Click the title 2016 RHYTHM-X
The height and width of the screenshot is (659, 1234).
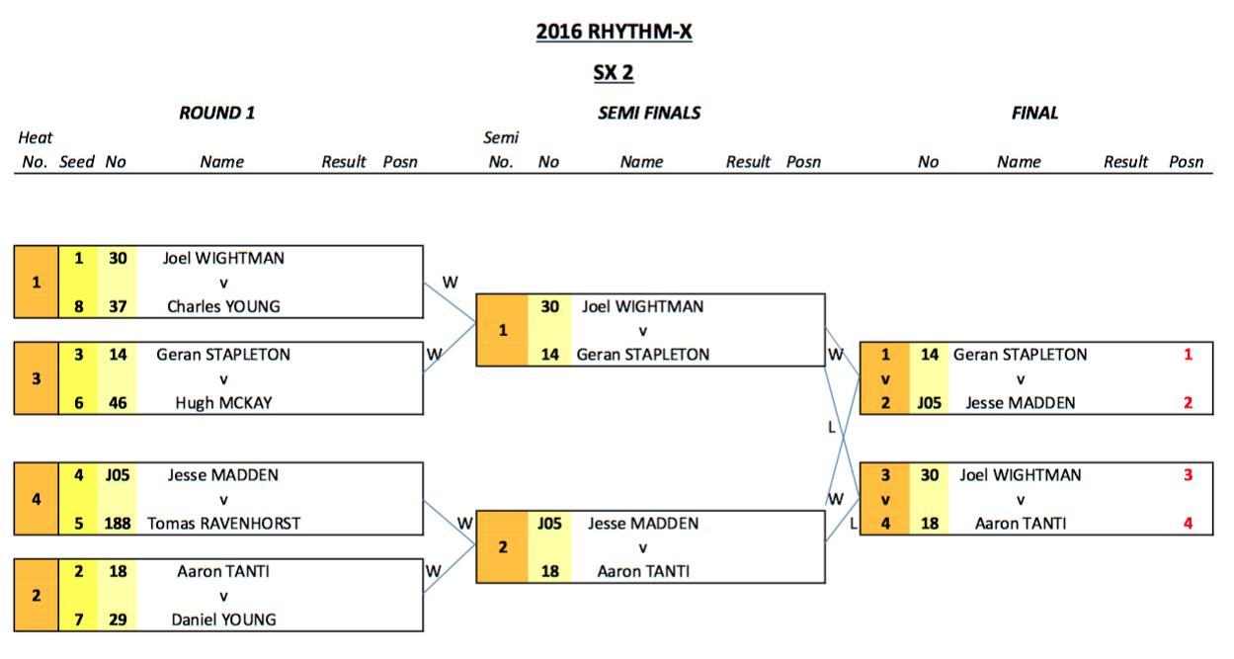click(x=614, y=32)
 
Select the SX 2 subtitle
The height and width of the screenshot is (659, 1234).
click(x=613, y=72)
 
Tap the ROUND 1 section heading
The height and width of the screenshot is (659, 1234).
click(x=217, y=113)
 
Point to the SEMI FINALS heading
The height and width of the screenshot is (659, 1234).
click(x=649, y=113)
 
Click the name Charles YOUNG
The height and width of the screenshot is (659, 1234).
click(x=223, y=306)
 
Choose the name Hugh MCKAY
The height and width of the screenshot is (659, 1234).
click(x=223, y=402)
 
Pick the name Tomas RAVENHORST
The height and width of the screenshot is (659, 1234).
click(x=223, y=523)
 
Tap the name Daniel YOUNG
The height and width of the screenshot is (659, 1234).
click(x=223, y=619)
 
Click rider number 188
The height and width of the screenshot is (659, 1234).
click(x=117, y=523)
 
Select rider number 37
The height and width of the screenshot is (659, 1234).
click(x=117, y=306)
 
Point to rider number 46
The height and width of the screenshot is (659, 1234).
click(x=117, y=402)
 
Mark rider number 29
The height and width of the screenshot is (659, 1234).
click(x=117, y=619)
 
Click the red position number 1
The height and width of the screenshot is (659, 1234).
click(x=1188, y=355)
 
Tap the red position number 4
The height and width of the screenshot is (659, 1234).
click(x=1188, y=523)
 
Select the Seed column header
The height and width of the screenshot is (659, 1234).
click(x=77, y=162)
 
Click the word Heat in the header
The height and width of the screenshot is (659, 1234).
click(x=36, y=138)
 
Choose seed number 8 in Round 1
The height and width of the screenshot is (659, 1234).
click(x=78, y=306)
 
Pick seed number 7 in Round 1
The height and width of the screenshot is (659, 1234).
click(x=78, y=619)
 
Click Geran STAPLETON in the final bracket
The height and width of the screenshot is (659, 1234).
click(x=1020, y=355)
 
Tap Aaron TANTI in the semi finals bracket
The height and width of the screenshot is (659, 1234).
click(x=643, y=571)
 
